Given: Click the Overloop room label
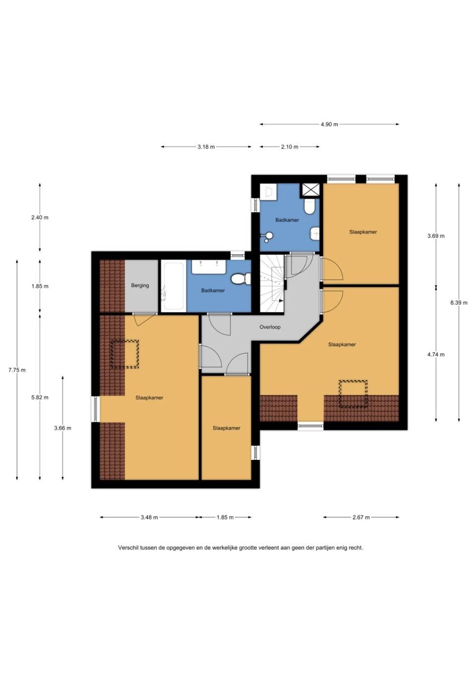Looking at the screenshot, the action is [270, 327].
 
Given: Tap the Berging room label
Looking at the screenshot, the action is [140, 285].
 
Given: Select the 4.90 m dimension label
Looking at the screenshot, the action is [329, 124].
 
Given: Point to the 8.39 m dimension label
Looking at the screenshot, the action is [459, 303].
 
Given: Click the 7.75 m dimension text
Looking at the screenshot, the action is [17, 370].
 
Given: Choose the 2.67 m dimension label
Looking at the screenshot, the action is [361, 517].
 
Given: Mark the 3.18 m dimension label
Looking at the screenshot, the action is [206, 147].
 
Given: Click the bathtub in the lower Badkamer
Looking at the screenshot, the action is [172, 286].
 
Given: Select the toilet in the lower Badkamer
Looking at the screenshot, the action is [241, 279].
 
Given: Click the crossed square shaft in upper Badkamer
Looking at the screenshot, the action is [311, 190].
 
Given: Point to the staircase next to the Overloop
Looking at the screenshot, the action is [272, 283].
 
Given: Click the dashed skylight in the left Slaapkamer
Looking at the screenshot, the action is [124, 354].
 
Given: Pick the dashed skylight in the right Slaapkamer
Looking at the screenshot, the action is [353, 394].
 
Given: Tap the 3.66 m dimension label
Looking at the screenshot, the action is [62, 428].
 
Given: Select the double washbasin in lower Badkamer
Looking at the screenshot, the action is [209, 267].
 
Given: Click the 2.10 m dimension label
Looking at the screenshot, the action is [290, 147].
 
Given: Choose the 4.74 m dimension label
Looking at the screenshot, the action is [436, 354].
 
